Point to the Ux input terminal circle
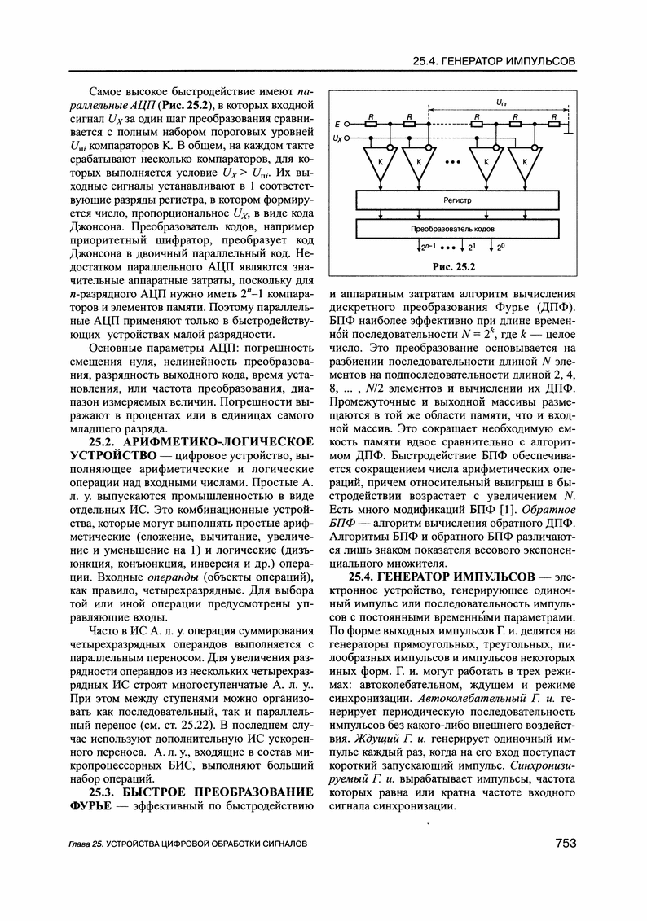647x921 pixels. click(347, 138)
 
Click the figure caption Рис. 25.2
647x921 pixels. click(455, 265)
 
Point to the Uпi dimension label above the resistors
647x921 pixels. click(500, 103)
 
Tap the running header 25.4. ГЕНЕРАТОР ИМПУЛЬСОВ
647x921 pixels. click(495, 61)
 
